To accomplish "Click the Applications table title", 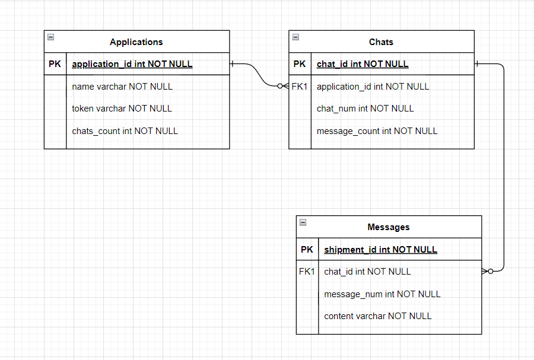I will coord(136,42).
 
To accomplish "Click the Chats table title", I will coord(381,42).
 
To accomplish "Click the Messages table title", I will coord(388,227).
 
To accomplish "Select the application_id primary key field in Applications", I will coord(132,64).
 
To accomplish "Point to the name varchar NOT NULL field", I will coord(122,87).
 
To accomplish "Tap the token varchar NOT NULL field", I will coord(122,109).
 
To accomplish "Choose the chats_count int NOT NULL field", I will coord(125,131).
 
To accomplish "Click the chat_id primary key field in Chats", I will coord(363,64).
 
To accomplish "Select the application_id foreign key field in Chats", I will coord(373,87).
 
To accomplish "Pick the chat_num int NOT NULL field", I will coord(365,109).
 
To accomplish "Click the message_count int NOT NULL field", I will coord(377,131).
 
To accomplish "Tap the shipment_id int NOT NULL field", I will coord(380,250).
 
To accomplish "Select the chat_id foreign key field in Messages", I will coord(367,272).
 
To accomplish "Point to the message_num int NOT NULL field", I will coord(382,294).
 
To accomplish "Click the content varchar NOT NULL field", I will coord(377,316).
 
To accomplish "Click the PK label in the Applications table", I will coord(55,64).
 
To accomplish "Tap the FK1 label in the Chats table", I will coord(300,87).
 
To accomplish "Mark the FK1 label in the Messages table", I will coord(307,272).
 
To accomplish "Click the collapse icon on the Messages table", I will coord(303,222).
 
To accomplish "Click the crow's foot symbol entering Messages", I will coord(487,272).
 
